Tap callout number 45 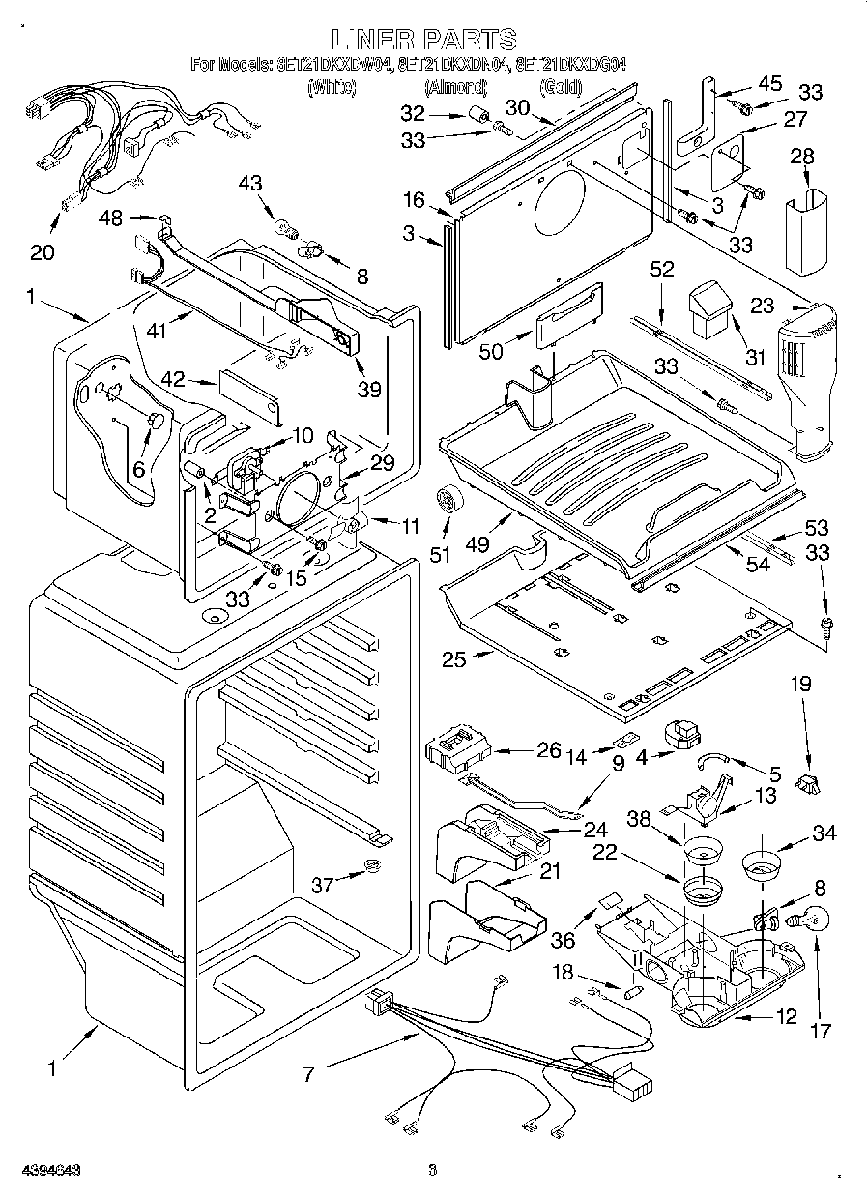(x=770, y=83)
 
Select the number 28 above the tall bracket (x=802, y=157)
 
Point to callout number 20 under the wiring (x=42, y=252)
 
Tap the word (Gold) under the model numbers (x=561, y=88)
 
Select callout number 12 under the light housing (x=788, y=1016)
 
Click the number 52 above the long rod (x=662, y=272)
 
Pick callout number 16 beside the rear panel (x=415, y=200)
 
